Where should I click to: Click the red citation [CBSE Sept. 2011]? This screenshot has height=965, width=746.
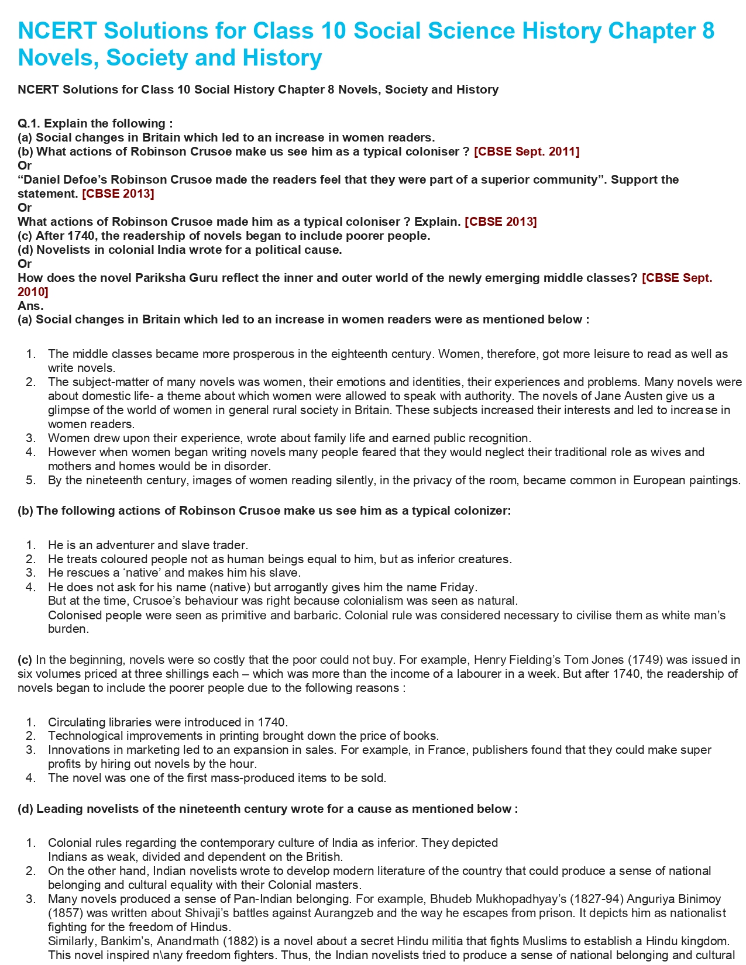(x=527, y=151)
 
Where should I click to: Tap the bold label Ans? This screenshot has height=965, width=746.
(x=30, y=305)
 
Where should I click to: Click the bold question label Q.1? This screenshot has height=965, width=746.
(x=29, y=123)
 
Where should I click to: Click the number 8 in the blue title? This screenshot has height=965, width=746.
(x=707, y=31)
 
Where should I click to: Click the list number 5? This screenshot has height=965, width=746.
(x=31, y=480)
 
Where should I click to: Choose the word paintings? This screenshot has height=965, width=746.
(x=714, y=480)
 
